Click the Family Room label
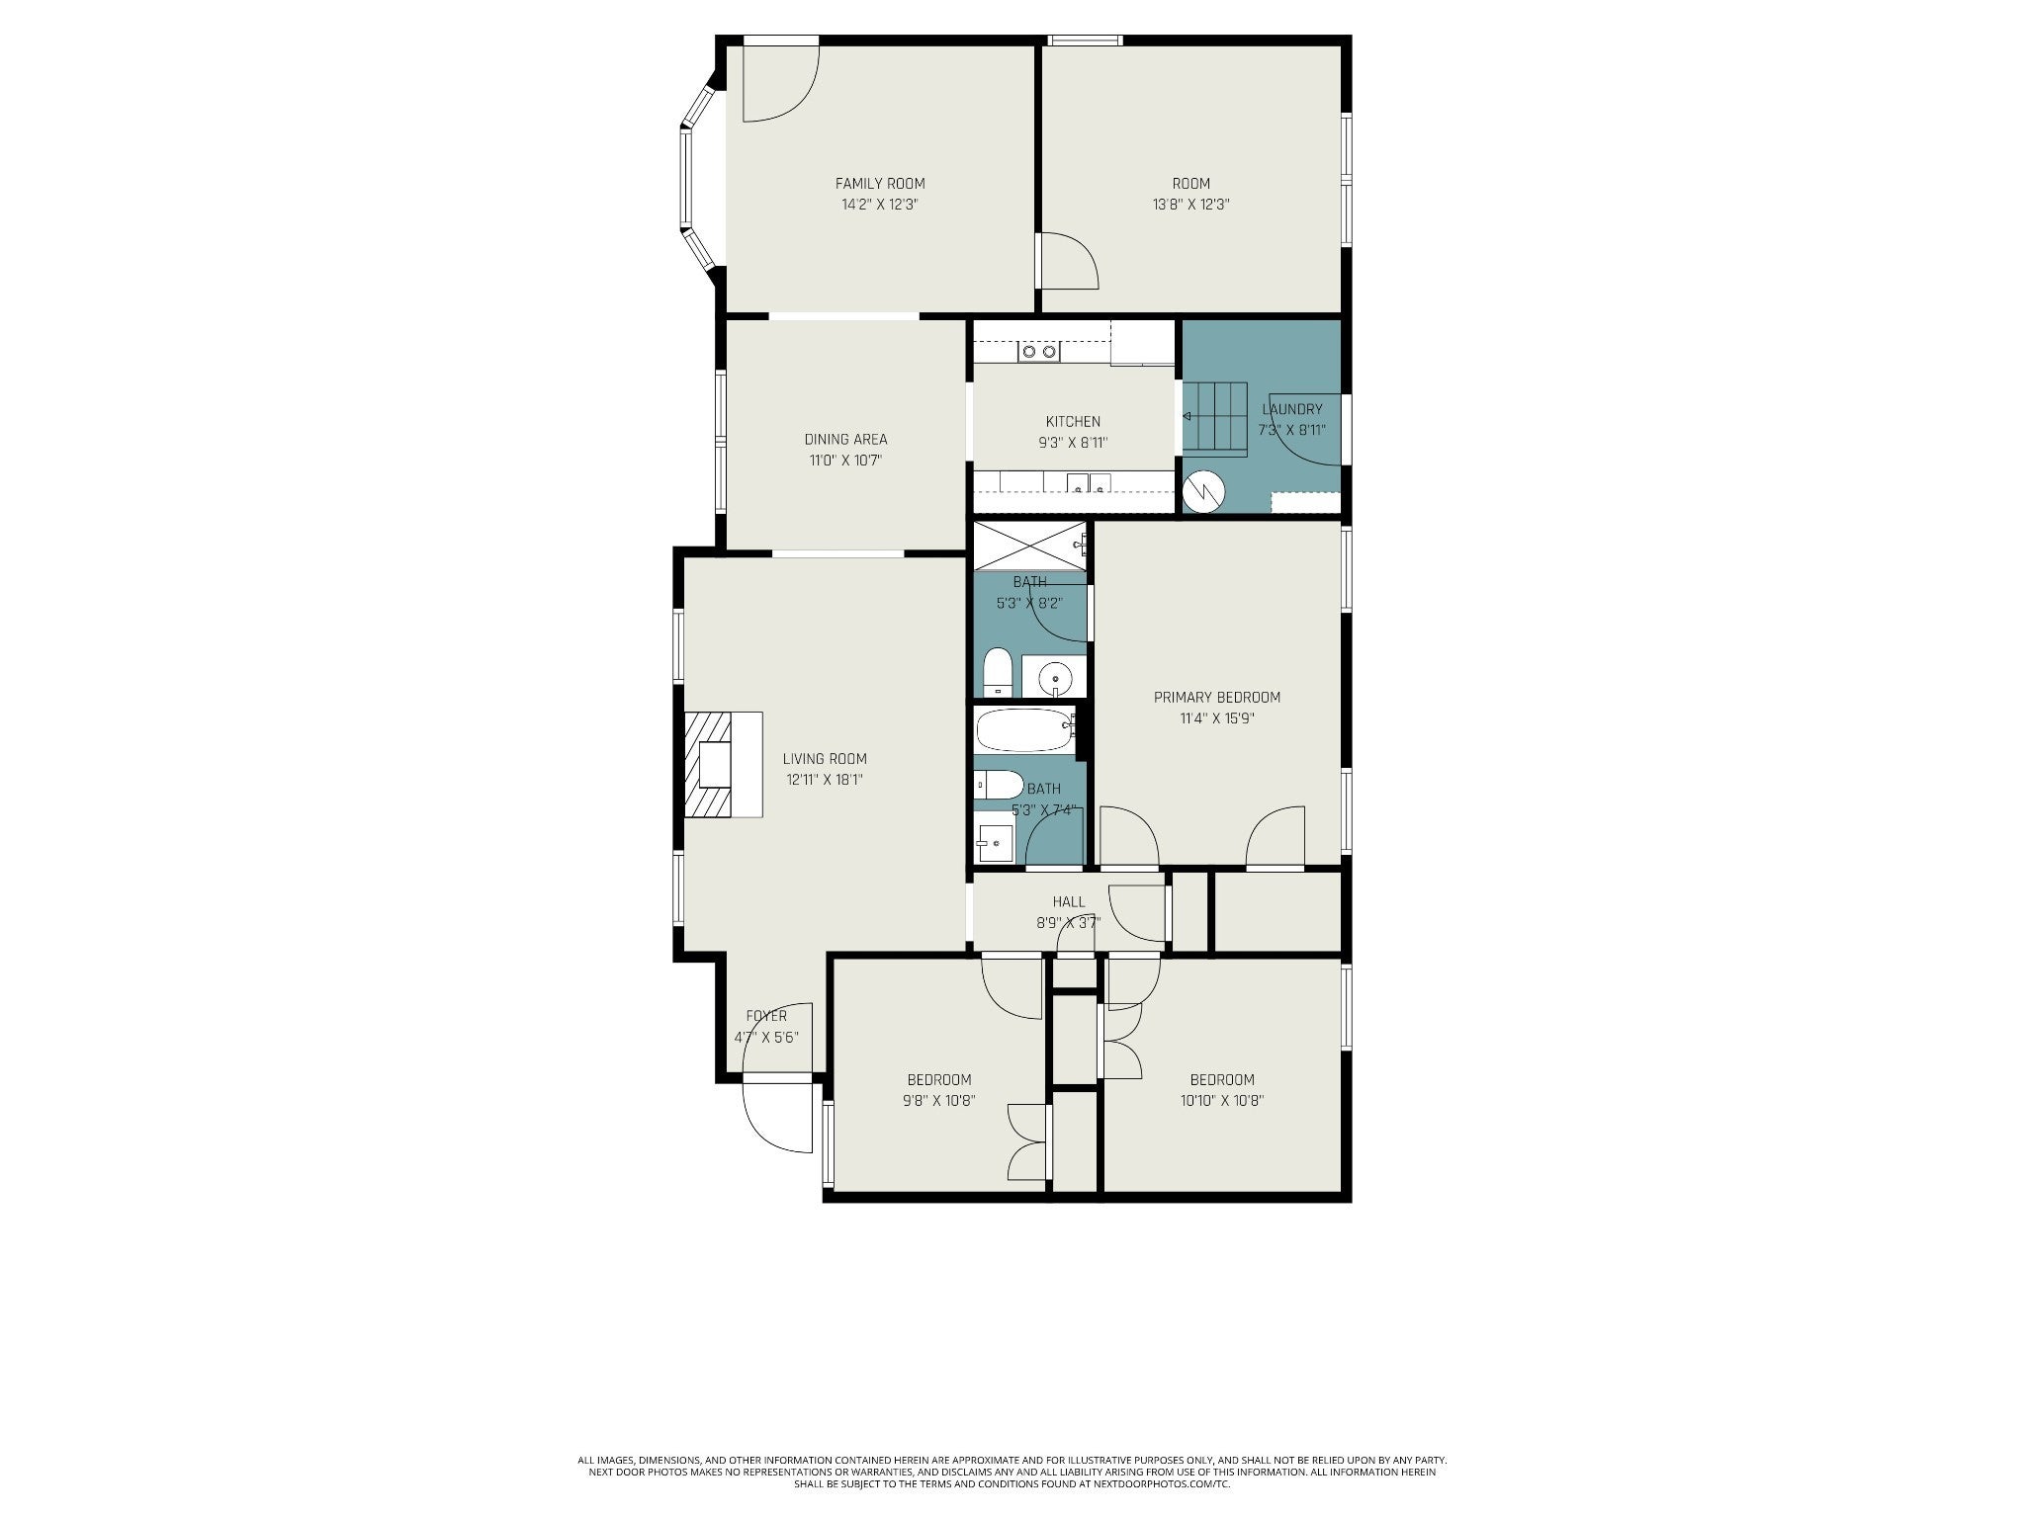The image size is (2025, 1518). pos(880,183)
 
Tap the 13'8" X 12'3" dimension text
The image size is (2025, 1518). pos(1190,205)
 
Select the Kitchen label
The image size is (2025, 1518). pos(1073,422)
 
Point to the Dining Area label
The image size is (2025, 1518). pos(845,440)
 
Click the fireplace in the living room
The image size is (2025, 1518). pos(723,764)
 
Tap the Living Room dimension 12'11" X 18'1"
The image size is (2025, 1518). pos(825,780)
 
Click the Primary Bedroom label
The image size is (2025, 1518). pos(1216,698)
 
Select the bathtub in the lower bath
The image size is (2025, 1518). pos(1025,731)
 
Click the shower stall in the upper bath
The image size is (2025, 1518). pos(1030,547)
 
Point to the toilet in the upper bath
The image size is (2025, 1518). pos(998,672)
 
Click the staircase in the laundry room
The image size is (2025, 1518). pos(1215,417)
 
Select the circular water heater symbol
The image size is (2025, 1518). pos(1205,491)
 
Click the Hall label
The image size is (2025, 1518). pos(1068,902)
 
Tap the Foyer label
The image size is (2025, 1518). pos(766,1016)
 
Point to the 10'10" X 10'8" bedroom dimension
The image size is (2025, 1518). pos(1222,1101)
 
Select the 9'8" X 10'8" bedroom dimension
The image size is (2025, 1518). pos(939,1101)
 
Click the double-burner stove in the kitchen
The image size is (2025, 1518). pos(1039,351)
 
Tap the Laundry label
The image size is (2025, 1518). pos(1291,409)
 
